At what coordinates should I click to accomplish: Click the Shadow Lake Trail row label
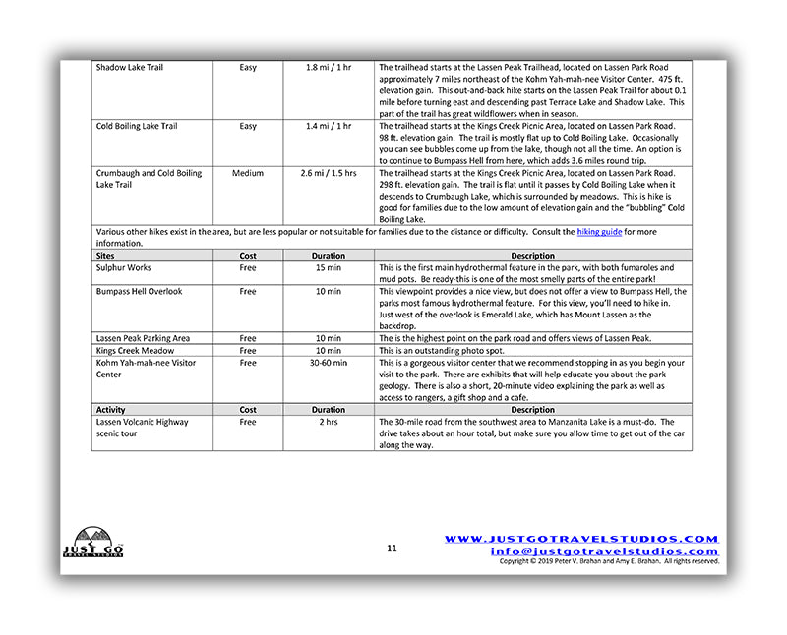coord(130,68)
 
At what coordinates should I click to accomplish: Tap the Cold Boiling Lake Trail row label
coord(137,127)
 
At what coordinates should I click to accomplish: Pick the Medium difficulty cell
coord(248,174)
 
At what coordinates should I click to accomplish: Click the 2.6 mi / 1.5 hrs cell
coord(329,174)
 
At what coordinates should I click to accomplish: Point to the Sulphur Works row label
coord(124,267)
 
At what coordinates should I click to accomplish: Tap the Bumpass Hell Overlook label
coord(139,292)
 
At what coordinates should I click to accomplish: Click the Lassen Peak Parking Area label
coord(144,339)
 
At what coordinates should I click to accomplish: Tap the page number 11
coord(392,548)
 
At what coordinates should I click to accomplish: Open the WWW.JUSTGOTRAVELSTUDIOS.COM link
coord(581,539)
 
